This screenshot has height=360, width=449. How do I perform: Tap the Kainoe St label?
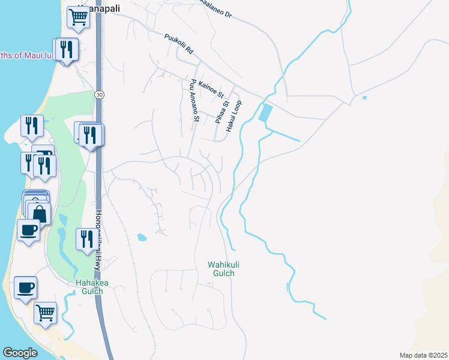[x=211, y=89]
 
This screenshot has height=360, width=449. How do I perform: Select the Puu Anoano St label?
[x=194, y=100]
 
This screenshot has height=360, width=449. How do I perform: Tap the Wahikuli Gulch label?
[x=221, y=269]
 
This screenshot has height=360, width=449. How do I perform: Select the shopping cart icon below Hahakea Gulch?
[x=46, y=312]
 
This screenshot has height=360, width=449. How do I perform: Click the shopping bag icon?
[x=40, y=213]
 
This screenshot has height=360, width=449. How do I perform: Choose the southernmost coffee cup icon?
[x=25, y=287]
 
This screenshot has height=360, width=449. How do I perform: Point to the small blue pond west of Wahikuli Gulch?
[x=142, y=237]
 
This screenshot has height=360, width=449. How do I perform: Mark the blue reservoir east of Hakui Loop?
[x=265, y=113]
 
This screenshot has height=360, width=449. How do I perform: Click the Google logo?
[x=20, y=353]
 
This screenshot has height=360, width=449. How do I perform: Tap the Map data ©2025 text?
[x=423, y=355]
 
